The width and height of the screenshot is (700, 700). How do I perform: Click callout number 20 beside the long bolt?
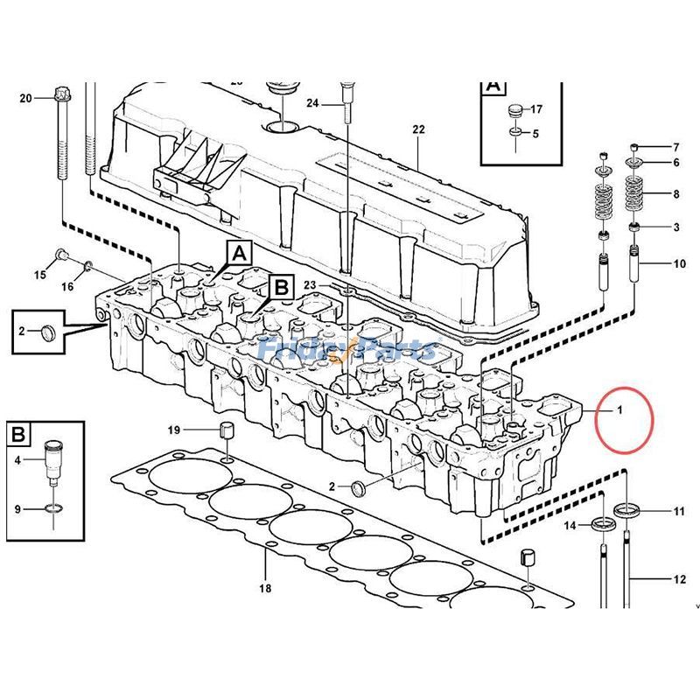[24, 97]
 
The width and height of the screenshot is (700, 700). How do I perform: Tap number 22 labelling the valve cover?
[418, 129]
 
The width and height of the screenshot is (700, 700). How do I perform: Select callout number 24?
[312, 103]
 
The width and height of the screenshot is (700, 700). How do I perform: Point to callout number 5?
[535, 133]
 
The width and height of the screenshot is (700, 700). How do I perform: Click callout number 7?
[675, 147]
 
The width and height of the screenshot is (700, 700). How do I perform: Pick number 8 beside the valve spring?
[675, 193]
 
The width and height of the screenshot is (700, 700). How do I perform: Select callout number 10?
[679, 263]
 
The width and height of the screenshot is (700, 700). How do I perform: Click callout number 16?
[67, 287]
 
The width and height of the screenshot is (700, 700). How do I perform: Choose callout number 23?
[310, 284]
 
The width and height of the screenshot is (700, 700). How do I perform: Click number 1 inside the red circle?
[619, 409]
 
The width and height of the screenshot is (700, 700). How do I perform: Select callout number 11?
[679, 510]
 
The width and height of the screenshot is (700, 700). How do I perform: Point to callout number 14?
[570, 525]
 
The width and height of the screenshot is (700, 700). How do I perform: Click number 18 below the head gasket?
[264, 588]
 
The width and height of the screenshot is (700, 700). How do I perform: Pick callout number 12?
[679, 578]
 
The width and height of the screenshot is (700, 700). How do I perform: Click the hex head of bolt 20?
[60, 94]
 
